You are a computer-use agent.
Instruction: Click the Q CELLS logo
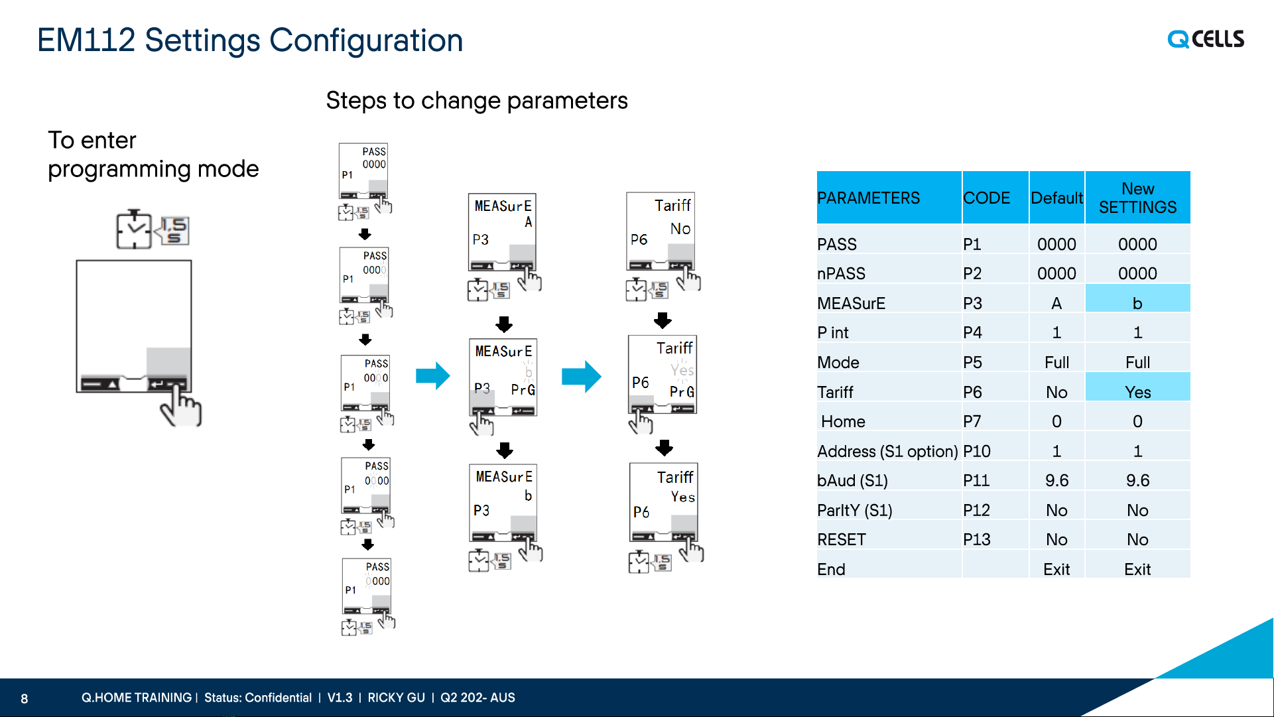(1206, 39)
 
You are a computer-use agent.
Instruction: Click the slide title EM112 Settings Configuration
(250, 40)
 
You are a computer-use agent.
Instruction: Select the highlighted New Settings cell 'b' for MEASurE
(1137, 303)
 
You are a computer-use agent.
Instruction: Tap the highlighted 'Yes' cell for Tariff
(1137, 392)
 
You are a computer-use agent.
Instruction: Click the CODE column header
(986, 198)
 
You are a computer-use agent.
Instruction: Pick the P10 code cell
(977, 451)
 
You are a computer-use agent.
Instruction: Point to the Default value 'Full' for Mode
(1056, 362)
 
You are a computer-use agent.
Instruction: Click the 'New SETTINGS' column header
(1137, 198)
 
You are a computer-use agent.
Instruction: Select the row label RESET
(842, 539)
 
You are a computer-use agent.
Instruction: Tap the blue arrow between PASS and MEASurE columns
(433, 375)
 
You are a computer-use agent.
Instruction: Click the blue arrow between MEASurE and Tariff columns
(582, 376)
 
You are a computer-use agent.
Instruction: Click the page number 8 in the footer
(25, 698)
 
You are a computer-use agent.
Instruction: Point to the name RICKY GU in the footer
(396, 698)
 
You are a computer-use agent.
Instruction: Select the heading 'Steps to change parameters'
(477, 100)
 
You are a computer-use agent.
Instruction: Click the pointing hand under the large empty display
(180, 406)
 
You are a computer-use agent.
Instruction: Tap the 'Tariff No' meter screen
(661, 231)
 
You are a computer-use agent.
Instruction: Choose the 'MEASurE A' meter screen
(502, 231)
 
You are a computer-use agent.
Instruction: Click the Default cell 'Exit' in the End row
(1056, 569)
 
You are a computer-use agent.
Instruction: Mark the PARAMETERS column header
(868, 198)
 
